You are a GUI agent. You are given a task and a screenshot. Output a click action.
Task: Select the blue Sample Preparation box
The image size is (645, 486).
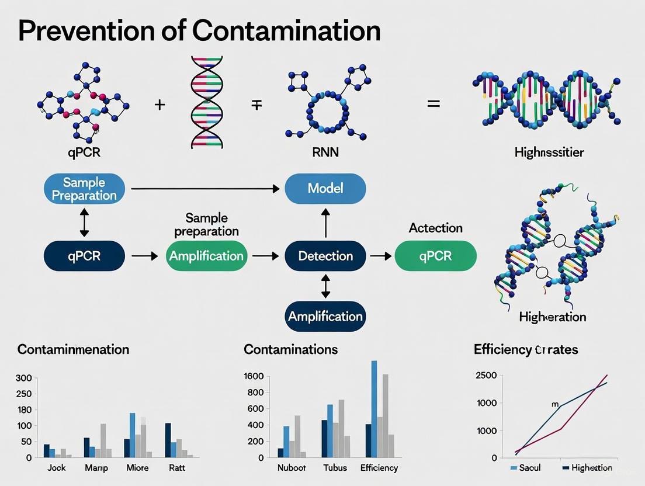pos(84,189)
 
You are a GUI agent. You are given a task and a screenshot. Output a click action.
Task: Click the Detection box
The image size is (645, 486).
pos(325,256)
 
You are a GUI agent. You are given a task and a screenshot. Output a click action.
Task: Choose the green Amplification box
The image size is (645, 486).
pos(205,256)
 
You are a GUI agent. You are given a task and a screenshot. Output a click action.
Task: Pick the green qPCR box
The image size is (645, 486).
pos(435,256)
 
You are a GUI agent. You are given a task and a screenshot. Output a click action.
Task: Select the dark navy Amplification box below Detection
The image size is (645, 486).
pos(325,317)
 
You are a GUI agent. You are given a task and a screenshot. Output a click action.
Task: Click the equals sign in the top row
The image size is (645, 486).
pos(433,105)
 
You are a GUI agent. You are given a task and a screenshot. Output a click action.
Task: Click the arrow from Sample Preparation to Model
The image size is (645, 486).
pos(204,189)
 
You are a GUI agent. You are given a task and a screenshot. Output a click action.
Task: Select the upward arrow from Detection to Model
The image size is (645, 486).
pos(325,223)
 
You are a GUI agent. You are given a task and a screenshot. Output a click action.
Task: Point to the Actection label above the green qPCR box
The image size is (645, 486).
pos(435,228)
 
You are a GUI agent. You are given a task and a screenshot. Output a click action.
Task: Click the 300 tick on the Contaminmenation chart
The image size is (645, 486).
pos(23,378)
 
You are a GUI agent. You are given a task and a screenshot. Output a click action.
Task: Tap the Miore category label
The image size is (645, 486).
pos(137,468)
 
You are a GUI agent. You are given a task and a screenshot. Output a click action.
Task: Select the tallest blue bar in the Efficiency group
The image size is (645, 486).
pos(374,408)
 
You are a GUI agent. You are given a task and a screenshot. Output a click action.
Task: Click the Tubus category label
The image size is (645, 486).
pos(335,468)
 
